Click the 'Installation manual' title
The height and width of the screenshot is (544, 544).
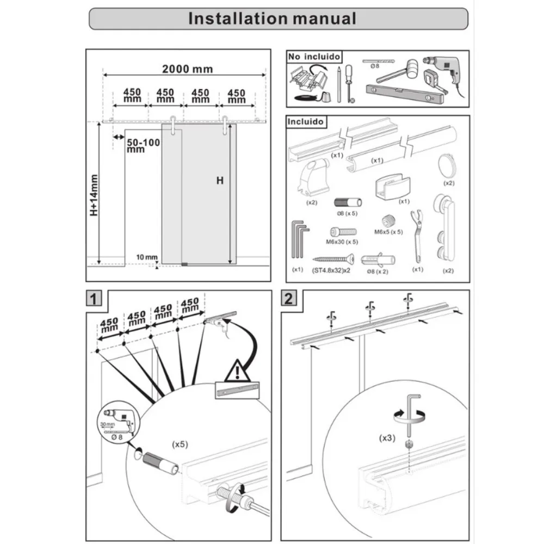(x=272, y=18)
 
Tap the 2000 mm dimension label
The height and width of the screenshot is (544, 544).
(x=187, y=69)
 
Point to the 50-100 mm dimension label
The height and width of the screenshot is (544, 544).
(x=143, y=146)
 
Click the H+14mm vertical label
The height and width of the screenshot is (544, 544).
(x=94, y=195)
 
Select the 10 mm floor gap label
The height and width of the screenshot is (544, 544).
(x=147, y=257)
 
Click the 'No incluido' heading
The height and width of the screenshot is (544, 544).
(x=314, y=57)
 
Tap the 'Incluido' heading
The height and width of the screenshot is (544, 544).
(x=305, y=121)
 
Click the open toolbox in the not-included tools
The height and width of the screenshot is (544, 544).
(x=308, y=80)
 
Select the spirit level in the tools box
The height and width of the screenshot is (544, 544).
(x=405, y=94)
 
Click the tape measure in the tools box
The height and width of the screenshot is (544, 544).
(x=434, y=82)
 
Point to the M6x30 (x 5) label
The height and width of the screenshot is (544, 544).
(x=342, y=242)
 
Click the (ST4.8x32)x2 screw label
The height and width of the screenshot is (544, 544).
(x=331, y=270)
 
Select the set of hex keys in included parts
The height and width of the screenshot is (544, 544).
(x=300, y=240)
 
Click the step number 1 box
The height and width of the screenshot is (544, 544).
(x=94, y=299)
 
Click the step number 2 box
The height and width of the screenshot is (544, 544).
(x=289, y=298)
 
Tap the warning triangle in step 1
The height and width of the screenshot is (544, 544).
(x=237, y=371)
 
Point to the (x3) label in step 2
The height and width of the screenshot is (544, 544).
(x=387, y=438)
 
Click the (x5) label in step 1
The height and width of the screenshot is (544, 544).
(x=180, y=444)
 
